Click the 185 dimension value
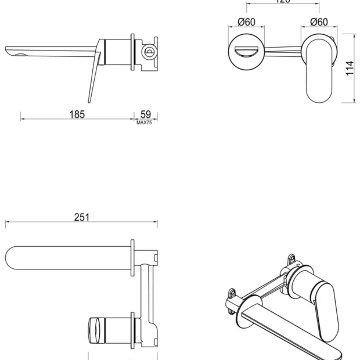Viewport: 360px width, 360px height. click(x=77, y=114)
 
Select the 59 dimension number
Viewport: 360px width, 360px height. click(x=146, y=114)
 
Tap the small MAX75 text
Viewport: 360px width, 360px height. click(x=144, y=123)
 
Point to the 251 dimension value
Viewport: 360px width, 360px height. click(x=82, y=217)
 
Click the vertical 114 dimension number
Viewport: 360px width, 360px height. click(x=349, y=69)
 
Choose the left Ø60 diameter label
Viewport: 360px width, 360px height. click(x=247, y=22)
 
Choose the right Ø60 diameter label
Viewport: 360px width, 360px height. click(x=319, y=22)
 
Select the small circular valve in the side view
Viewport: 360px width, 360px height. click(x=149, y=51)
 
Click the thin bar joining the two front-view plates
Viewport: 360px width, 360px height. click(x=283, y=49)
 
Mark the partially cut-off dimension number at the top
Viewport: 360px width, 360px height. click(x=283, y=2)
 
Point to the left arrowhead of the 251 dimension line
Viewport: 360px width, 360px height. click(x=8, y=222)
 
